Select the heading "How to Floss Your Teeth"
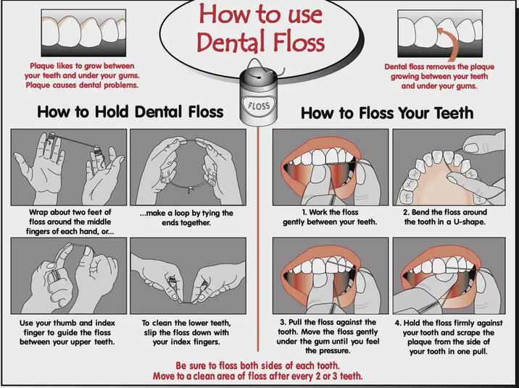(x=387, y=113)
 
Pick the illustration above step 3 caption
(x=330, y=275)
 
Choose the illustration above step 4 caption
(x=449, y=275)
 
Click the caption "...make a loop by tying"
(x=187, y=218)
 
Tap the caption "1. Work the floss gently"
(x=330, y=216)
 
